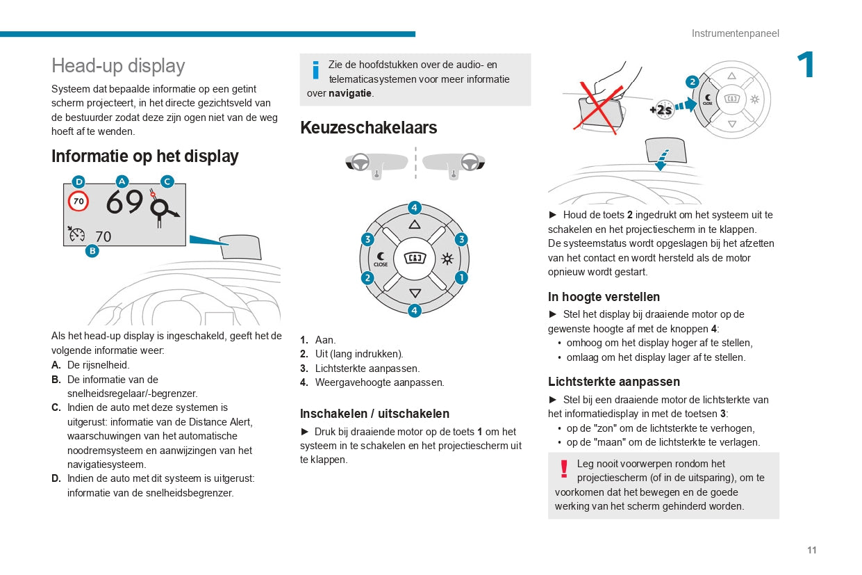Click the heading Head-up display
click(x=118, y=66)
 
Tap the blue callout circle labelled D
click(x=78, y=182)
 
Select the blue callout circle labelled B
click(x=92, y=251)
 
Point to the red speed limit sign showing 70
click(x=78, y=202)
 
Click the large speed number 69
click(x=125, y=202)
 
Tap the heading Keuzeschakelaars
click(x=368, y=128)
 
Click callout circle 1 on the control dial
click(x=461, y=277)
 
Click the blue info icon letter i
click(x=316, y=70)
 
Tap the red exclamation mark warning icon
click(x=564, y=469)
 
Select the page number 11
click(x=811, y=550)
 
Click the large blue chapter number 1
click(x=806, y=65)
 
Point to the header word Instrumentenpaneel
click(x=735, y=33)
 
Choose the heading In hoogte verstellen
click(x=604, y=297)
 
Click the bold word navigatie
click(x=350, y=93)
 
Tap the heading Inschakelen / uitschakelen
click(x=374, y=414)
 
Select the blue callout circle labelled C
click(x=167, y=182)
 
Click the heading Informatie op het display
click(x=144, y=156)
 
